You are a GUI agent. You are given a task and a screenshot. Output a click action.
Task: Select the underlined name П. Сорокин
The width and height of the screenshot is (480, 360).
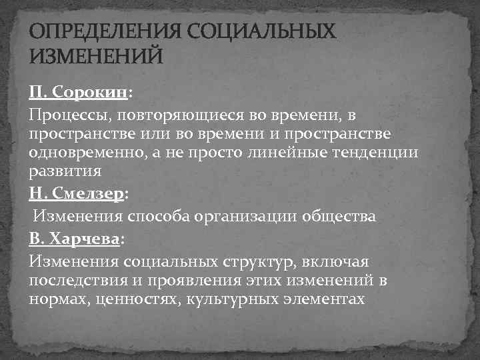tap(78, 92)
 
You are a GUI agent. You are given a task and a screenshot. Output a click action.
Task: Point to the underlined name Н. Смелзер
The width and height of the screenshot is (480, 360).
tap(76, 193)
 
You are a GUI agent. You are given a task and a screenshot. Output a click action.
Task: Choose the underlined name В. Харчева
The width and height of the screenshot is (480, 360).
tap(75, 238)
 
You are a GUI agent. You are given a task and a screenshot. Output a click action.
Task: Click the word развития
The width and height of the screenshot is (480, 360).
tap(65, 171)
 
